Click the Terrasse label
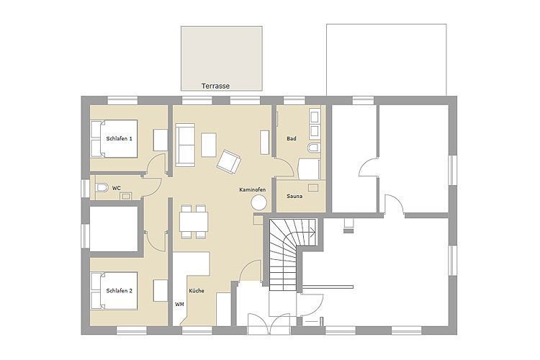[215, 86]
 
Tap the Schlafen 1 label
[119, 138]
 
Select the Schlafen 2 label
[119, 291]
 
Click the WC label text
[117, 189]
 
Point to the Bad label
[292, 138]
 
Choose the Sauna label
[294, 197]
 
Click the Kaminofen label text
[253, 190]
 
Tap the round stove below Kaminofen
[258, 202]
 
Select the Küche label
[197, 291]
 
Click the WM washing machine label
[179, 305]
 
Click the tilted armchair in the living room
[229, 161]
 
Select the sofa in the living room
[185, 145]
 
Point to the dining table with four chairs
[194, 222]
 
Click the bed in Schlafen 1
[114, 139]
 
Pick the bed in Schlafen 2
[114, 291]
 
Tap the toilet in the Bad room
[314, 148]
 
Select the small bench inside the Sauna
[313, 187]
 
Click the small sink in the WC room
[125, 196]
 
